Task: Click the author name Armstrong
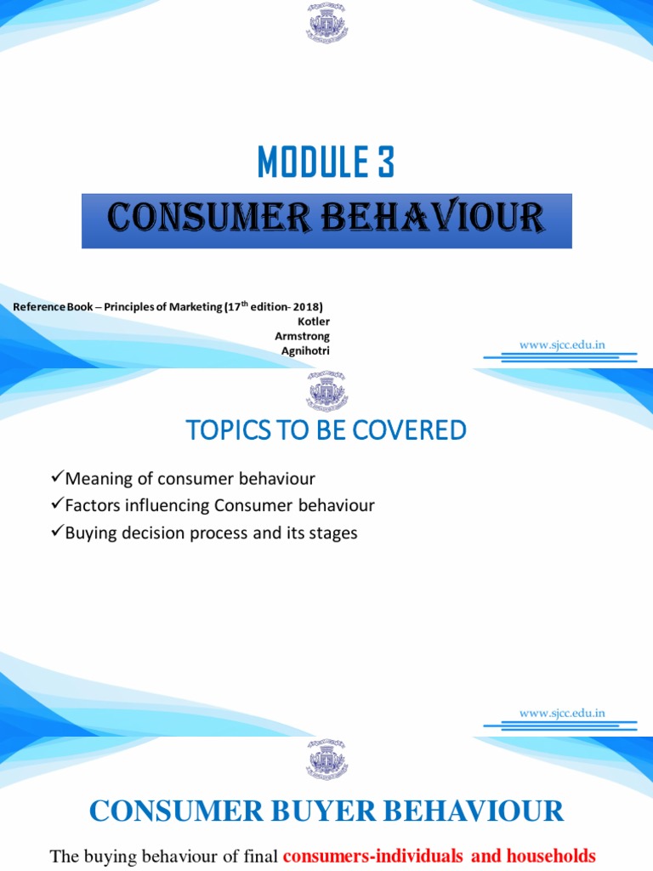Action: (x=302, y=336)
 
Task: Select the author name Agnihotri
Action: (x=305, y=350)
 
